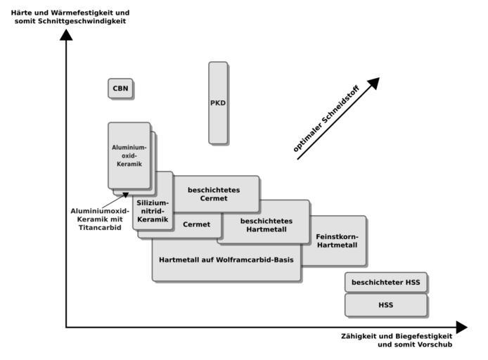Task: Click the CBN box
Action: (120, 89)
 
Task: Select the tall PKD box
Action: (218, 103)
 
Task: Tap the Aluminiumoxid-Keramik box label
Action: (129, 155)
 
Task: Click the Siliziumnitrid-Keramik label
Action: (153, 211)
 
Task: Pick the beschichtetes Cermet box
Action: (216, 194)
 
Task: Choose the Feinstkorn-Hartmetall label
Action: (337, 241)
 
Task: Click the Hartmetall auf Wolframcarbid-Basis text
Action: (226, 260)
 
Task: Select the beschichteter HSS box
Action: (386, 282)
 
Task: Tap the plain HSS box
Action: (386, 305)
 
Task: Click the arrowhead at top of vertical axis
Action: (66, 35)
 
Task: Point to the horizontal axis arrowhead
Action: (461, 328)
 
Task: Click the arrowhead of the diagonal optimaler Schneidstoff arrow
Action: (374, 83)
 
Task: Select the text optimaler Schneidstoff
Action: (326, 119)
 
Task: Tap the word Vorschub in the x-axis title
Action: (437, 345)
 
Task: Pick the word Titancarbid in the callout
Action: (100, 227)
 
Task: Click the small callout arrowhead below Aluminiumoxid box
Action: (125, 195)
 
